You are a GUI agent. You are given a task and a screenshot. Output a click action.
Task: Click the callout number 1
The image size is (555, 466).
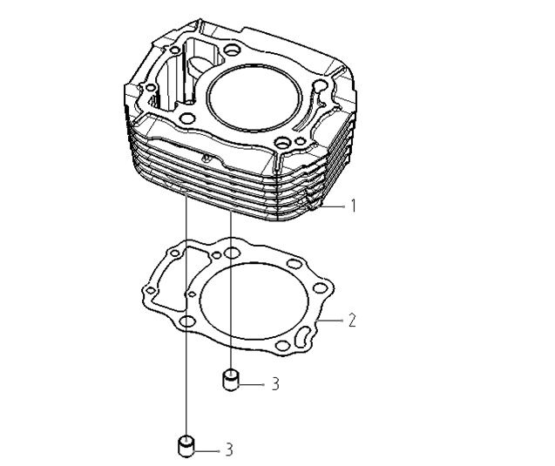pos(353,206)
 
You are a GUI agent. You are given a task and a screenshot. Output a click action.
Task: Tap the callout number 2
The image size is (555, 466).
pos(351,320)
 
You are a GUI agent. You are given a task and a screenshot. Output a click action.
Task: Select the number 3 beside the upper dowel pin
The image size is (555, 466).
pos(275,384)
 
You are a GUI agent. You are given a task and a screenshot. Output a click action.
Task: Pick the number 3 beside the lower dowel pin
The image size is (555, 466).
pos(229,450)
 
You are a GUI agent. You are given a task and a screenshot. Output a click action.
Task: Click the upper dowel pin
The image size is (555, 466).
pos(231,380)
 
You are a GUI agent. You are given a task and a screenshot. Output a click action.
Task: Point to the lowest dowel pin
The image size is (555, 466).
pos(186,447)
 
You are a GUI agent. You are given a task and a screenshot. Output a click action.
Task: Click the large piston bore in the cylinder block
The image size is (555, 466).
pos(254,98)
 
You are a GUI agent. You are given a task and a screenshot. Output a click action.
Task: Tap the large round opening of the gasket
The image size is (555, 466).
pos(254,301)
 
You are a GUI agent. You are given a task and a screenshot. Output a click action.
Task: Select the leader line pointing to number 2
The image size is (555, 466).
pos(330,320)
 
